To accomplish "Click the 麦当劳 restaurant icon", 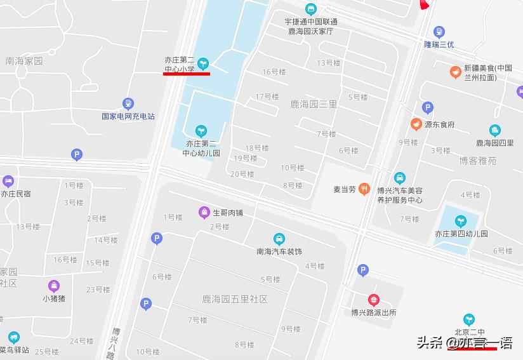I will point(364,188).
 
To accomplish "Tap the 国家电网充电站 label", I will point(128,116).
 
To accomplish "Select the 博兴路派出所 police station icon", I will point(374,300).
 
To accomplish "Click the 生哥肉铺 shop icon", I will point(204,213).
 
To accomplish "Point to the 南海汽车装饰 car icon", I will point(279,239).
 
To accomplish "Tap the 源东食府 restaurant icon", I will point(416,124).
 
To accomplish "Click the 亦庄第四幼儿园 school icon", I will point(461,221).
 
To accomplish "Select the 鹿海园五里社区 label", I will point(235,299).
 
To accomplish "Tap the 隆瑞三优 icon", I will point(439,32).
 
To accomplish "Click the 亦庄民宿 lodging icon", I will point(8,181).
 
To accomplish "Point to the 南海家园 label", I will point(23,62).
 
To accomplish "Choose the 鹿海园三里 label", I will point(313,104).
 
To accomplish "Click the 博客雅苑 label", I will point(477,161).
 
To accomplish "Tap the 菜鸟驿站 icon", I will point(14,337).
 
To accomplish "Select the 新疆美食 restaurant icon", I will point(455,72).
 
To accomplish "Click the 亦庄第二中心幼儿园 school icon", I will point(201,131).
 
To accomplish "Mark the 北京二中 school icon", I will point(469,319).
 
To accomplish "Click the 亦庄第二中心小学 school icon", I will point(203,63).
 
